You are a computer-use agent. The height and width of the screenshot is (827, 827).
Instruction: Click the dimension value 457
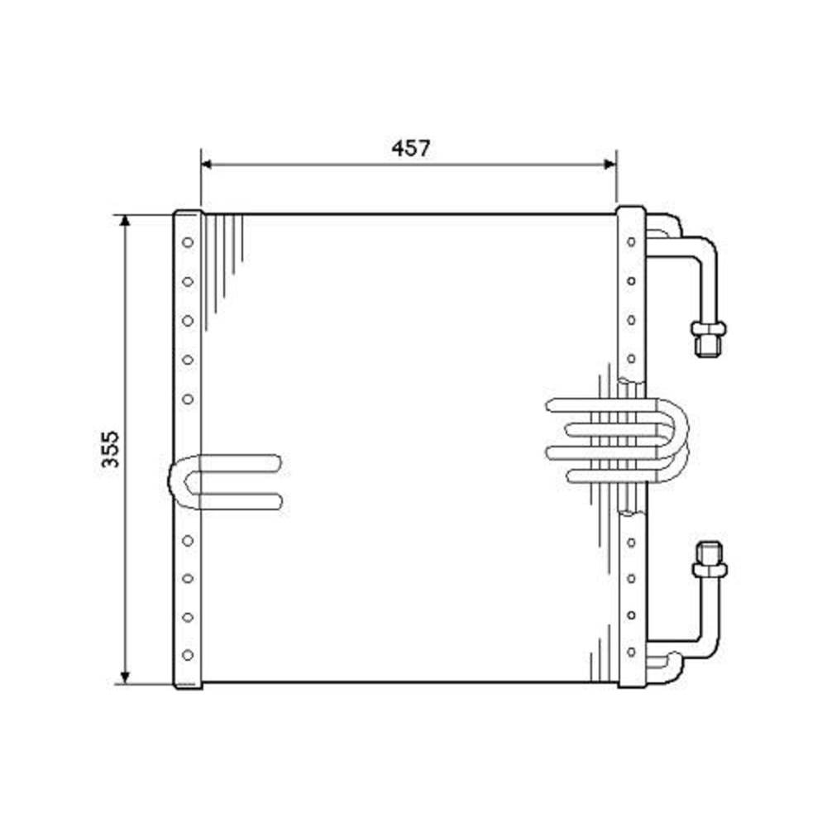click(411, 149)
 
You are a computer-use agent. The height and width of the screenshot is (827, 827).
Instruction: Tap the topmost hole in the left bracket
click(188, 242)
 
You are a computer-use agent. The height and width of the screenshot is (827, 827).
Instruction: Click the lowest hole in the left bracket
click(188, 654)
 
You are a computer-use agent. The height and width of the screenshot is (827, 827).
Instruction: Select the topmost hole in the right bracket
click(631, 241)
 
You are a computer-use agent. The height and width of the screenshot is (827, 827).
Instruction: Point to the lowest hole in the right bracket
click(631, 652)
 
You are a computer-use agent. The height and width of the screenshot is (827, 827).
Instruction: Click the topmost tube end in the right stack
click(552, 405)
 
